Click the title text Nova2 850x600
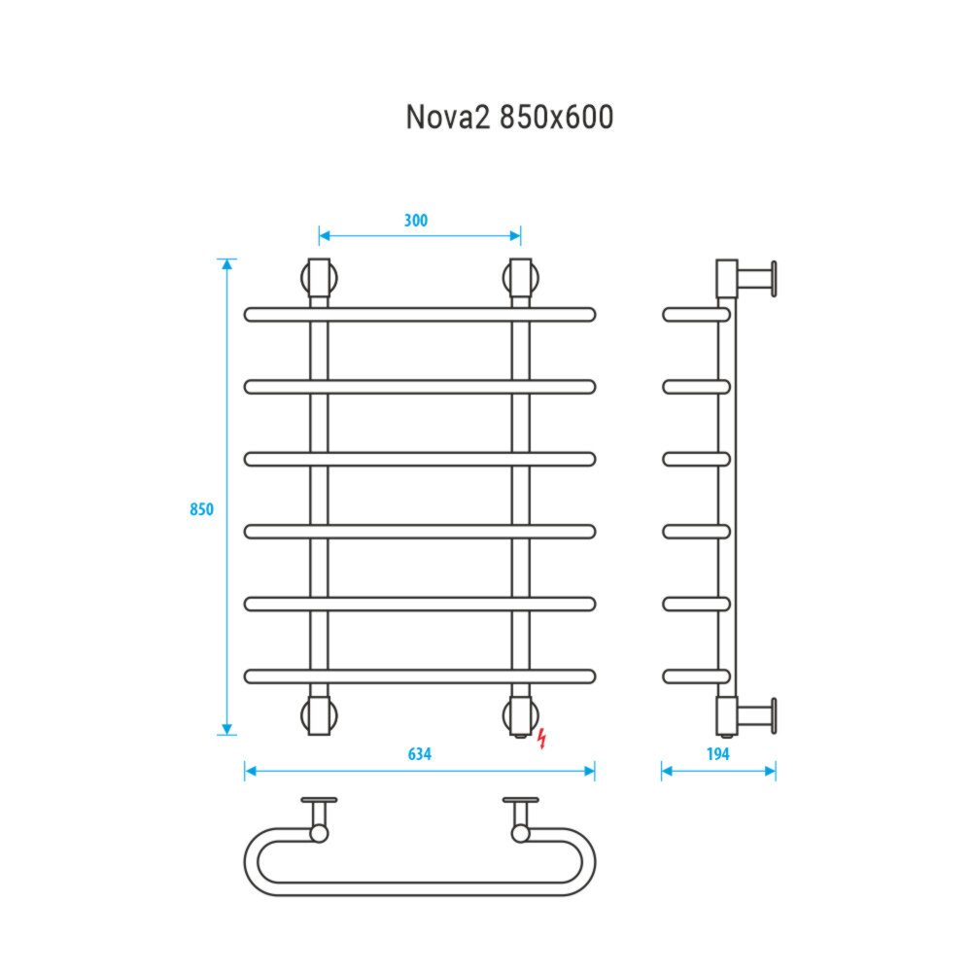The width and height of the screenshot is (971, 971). coord(508,118)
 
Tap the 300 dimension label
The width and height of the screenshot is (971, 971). coord(415,220)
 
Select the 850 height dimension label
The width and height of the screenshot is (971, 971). coord(201,509)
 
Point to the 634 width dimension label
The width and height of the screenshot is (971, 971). coord(419,754)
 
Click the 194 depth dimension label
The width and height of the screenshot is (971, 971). coord(717,754)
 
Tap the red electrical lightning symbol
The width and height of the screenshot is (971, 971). coord(541,739)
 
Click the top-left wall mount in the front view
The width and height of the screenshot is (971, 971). coord(320,278)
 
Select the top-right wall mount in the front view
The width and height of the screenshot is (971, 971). coord(520,278)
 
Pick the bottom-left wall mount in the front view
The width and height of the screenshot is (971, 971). coord(320,715)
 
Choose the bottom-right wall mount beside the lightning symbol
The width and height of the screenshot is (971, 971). coord(520,715)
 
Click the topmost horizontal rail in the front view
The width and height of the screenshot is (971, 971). coord(419,314)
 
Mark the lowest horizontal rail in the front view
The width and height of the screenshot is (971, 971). coord(419,676)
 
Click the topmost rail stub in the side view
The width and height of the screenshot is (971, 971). coord(695,315)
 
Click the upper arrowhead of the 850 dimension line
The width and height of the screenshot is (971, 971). coord(227,265)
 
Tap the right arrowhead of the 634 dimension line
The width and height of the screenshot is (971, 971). coord(588,771)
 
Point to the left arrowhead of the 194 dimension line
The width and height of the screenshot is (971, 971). coord(667,771)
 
